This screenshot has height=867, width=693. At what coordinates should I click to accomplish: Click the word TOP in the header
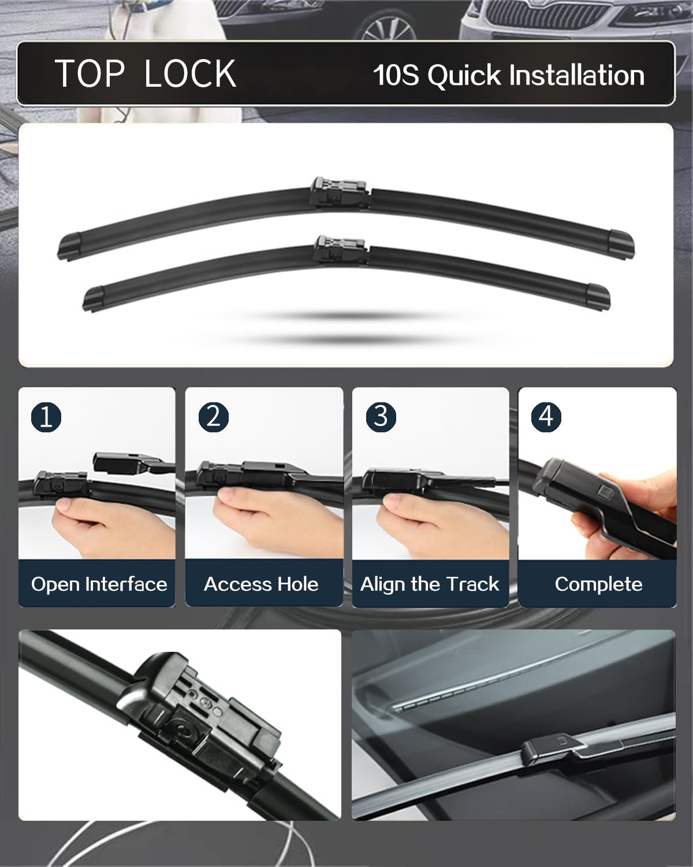90,74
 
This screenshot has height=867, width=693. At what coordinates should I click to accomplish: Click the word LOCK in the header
190,74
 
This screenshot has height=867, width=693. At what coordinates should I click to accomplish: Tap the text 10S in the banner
396,76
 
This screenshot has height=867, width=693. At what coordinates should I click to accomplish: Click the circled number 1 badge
46,416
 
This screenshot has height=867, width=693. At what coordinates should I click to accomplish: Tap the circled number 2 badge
213,416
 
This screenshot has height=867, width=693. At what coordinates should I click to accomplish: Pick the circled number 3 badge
381,416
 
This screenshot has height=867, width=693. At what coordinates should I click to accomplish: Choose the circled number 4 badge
546,416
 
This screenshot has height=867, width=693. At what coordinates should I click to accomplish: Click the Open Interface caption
99,584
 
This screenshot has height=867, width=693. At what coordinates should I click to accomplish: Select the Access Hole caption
261,584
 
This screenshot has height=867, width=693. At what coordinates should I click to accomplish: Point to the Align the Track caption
430,584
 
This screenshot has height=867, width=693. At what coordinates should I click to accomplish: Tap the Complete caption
598,584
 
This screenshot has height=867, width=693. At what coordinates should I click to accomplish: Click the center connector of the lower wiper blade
340,250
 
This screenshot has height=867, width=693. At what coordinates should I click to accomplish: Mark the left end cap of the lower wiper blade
94,297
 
